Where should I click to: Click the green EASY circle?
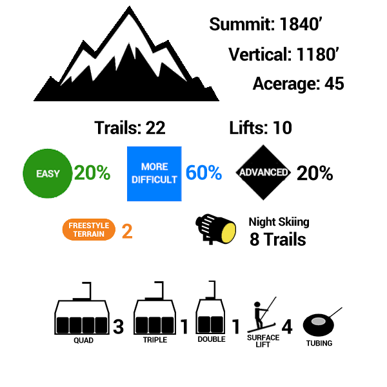(x=47, y=174)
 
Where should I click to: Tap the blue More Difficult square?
(x=154, y=174)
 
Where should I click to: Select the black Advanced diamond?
(x=263, y=172)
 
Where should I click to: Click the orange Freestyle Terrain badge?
(x=89, y=230)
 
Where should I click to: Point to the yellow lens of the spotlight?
(x=228, y=232)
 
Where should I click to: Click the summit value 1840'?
(x=301, y=25)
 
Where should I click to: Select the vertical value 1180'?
(x=317, y=54)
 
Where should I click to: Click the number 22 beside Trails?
(x=155, y=128)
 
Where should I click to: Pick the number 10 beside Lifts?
(x=283, y=128)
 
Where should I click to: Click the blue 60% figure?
(x=204, y=172)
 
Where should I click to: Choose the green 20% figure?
(x=92, y=172)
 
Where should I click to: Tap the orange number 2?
(x=127, y=232)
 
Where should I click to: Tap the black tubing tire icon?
(x=319, y=325)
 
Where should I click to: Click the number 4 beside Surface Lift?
(x=287, y=327)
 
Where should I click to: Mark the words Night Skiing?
(x=279, y=222)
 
